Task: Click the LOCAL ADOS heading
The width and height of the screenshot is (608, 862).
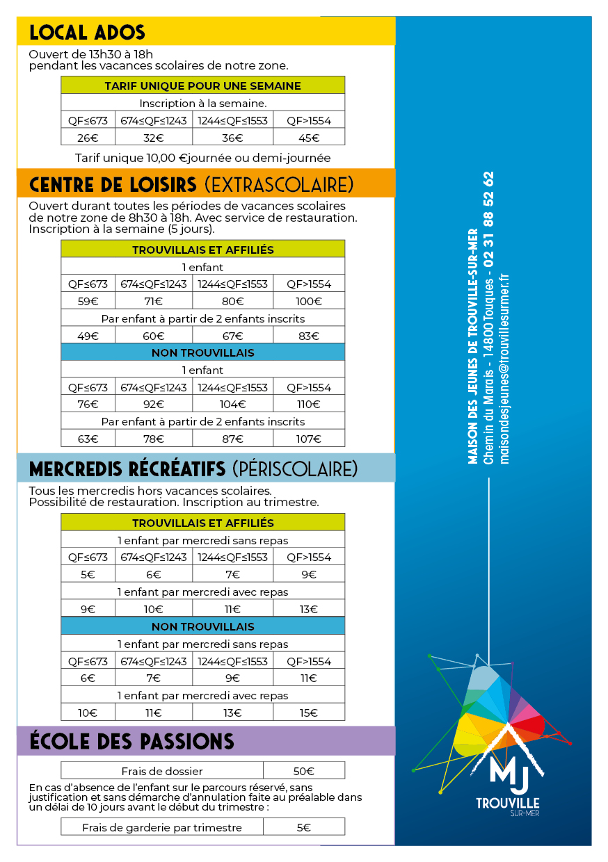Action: [88, 32]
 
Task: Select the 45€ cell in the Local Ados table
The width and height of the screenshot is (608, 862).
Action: [309, 138]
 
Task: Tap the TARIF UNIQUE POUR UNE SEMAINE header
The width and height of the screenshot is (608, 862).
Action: [202, 86]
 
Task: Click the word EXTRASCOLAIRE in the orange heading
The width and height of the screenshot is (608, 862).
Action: [279, 184]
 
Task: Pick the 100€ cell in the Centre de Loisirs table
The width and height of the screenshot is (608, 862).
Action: [309, 301]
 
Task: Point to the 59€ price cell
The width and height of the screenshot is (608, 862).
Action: [88, 301]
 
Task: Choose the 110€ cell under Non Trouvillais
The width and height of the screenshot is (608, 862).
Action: [309, 405]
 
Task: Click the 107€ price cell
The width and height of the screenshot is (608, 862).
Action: [309, 439]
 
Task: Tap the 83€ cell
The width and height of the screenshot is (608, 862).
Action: [309, 336]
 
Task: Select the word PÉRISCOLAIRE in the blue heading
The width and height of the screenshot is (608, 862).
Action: [296, 469]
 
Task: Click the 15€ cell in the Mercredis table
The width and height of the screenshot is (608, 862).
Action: [309, 713]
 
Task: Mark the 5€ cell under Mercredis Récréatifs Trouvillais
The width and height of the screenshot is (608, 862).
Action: [88, 574]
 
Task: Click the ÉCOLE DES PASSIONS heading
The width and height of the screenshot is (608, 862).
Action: [132, 741]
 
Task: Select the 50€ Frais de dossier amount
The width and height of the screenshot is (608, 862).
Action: [304, 771]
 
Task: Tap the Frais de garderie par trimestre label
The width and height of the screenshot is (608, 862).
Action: [162, 827]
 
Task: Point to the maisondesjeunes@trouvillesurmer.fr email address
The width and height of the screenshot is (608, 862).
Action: [505, 368]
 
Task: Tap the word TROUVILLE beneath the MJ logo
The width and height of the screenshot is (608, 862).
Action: [508, 803]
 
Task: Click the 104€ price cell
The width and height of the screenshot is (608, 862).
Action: [233, 405]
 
